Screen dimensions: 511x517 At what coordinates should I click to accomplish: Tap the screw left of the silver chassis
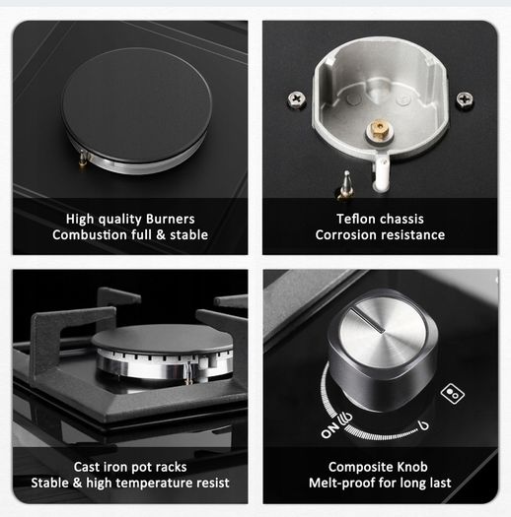click(297, 98)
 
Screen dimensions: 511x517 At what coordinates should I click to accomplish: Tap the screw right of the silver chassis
click(465, 98)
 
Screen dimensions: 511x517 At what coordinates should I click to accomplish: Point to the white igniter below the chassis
click(381, 173)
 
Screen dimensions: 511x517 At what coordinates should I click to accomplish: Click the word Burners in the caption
click(171, 219)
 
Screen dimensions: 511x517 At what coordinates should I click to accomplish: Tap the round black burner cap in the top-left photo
click(137, 104)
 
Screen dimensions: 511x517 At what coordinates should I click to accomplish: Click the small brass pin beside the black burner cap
click(83, 159)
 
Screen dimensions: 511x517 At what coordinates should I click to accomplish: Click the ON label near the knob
click(330, 430)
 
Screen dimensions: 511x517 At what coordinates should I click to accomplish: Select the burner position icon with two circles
click(453, 393)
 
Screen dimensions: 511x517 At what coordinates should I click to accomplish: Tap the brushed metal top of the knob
click(382, 331)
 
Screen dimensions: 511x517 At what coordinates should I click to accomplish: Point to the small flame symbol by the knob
click(423, 425)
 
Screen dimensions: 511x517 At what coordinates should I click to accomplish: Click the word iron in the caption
click(113, 467)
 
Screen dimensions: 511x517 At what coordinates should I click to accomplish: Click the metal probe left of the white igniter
click(345, 185)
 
